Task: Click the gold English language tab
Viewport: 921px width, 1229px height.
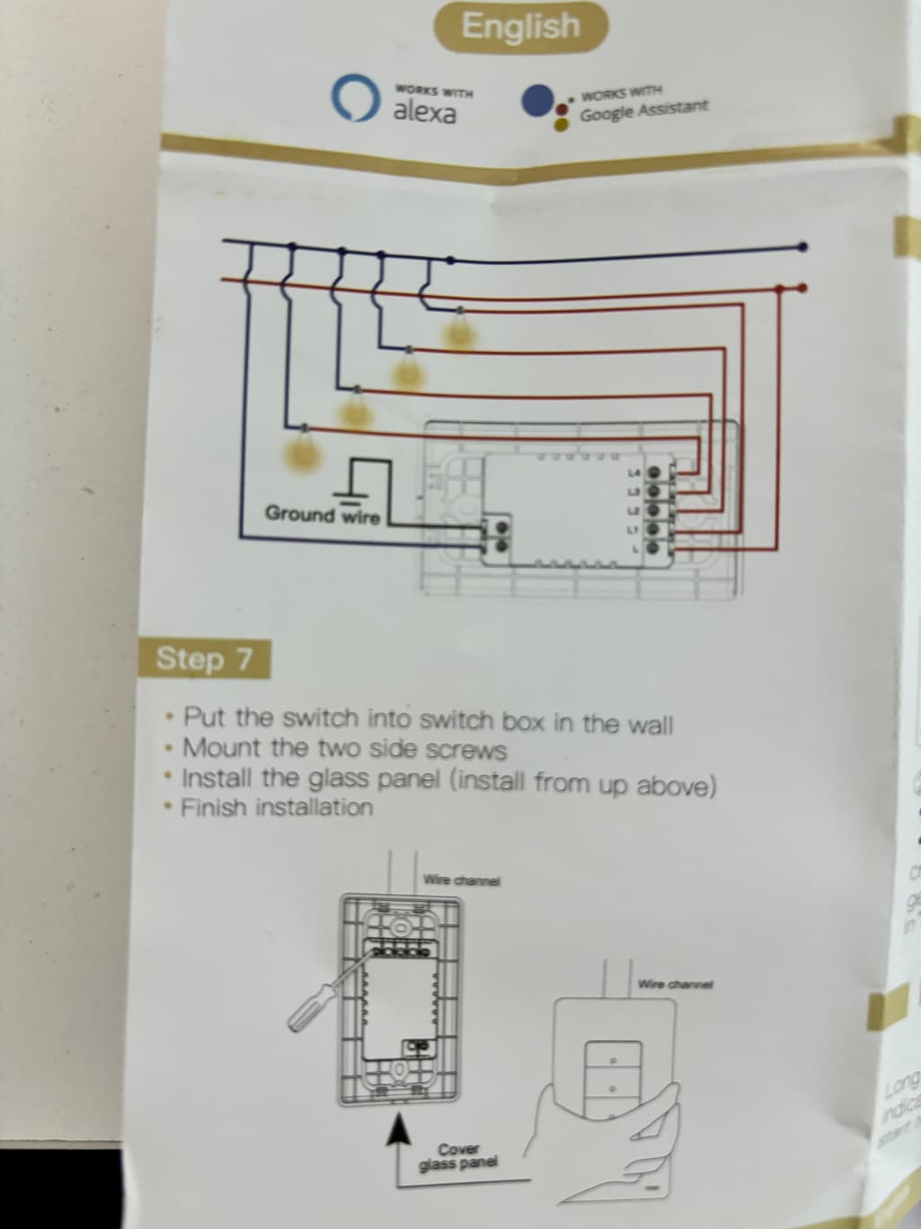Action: click(x=520, y=27)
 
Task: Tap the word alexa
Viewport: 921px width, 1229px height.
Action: click(x=424, y=113)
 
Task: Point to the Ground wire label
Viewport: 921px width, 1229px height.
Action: click(x=322, y=515)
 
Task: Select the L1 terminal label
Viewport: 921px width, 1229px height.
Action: click(x=632, y=530)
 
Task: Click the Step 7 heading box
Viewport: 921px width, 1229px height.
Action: click(x=203, y=659)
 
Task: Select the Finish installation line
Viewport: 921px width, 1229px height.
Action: click(x=277, y=807)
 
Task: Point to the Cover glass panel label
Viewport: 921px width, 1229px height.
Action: click(x=458, y=1157)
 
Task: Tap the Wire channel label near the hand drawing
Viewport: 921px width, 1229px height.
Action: click(x=674, y=984)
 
